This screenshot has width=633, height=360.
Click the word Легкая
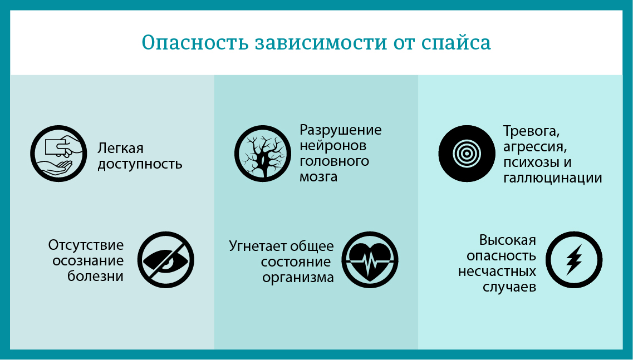tap(121, 149)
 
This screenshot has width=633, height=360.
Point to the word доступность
tap(140, 165)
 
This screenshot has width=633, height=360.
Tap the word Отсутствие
tap(86, 245)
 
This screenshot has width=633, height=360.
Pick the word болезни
tap(95, 277)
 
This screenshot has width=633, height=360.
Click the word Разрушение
tap(341, 130)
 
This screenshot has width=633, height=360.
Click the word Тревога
tap(531, 132)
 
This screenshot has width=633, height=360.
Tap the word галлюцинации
tap(552, 179)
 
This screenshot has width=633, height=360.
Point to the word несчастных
tap(497, 272)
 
